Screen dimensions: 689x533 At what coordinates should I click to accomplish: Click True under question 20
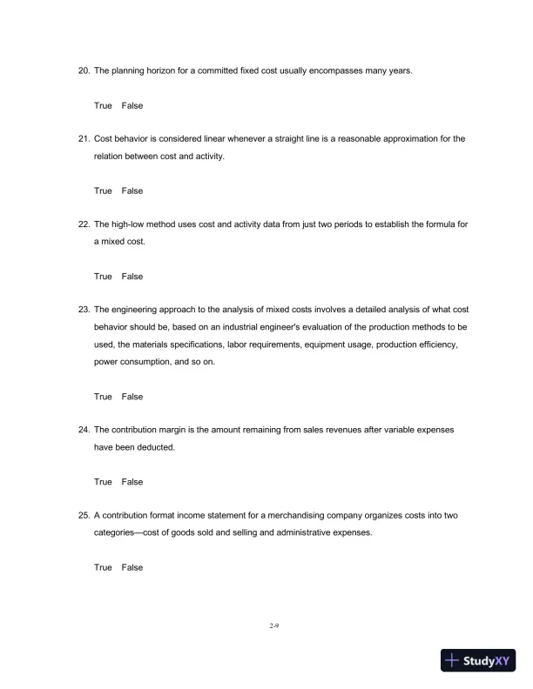click(x=103, y=105)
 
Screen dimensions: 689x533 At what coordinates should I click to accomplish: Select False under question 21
click(x=132, y=191)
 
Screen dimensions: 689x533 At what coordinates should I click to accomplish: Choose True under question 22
click(x=103, y=277)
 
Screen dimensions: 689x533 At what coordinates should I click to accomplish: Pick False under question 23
click(x=132, y=397)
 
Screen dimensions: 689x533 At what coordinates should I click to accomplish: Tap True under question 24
click(x=103, y=482)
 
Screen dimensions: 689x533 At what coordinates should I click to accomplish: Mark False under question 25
click(x=132, y=567)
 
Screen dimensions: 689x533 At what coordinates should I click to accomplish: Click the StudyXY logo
click(x=476, y=661)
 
